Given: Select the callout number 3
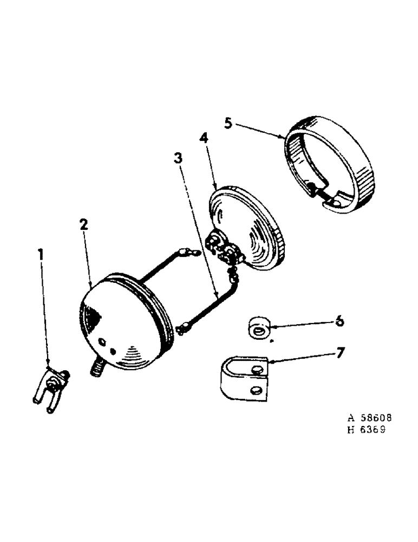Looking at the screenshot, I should point(178,159).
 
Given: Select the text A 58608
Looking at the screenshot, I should point(369,419).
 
